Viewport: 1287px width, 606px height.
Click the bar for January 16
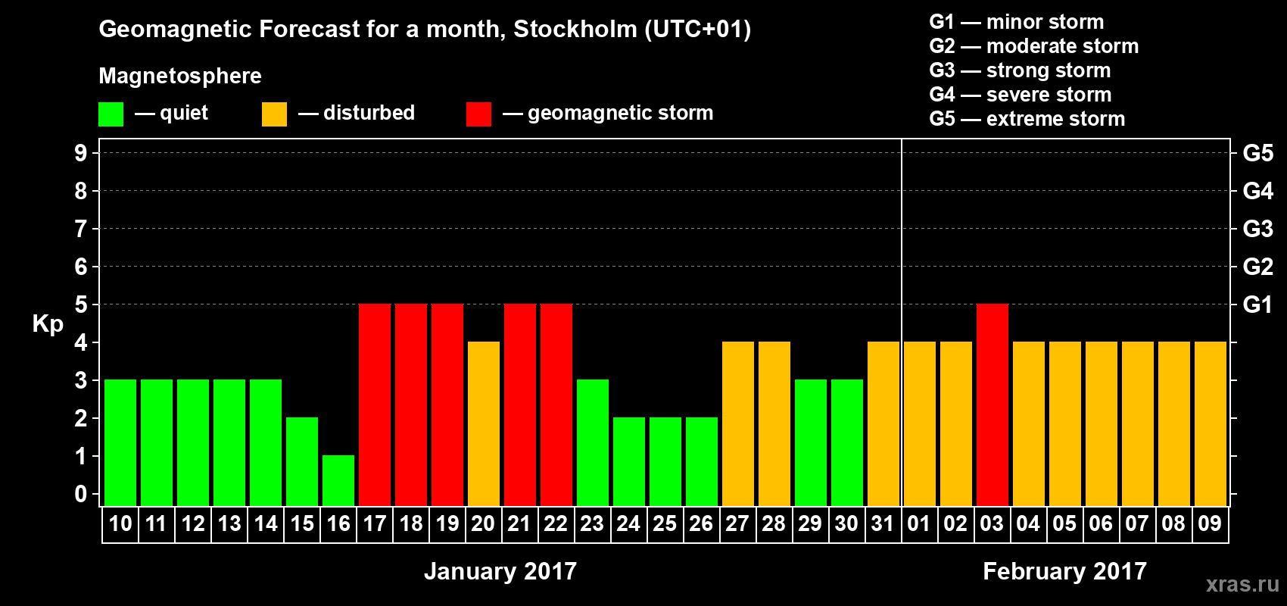coord(338,480)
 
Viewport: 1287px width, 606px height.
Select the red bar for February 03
coord(993,405)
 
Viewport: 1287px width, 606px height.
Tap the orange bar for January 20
coord(484,423)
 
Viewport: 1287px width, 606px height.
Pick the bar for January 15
coord(302,461)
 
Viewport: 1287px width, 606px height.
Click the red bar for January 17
coord(375,405)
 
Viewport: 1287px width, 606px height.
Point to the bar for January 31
coord(883,423)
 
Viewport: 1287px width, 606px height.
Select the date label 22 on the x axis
coord(555,524)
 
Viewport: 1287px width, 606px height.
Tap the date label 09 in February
coord(1210,524)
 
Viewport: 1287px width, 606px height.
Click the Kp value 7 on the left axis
coord(81,229)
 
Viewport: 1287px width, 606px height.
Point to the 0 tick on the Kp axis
coord(81,495)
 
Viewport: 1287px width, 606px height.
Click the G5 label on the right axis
coord(1257,153)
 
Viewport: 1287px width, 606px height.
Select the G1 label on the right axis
coord(1257,305)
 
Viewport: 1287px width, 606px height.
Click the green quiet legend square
coord(111,114)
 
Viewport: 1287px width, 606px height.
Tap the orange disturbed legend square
coord(274,114)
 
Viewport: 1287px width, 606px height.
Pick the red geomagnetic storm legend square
coord(478,114)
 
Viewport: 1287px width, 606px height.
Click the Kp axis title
coord(48,324)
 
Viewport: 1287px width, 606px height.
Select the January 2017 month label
coord(500,571)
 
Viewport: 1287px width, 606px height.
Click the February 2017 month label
coord(1064,571)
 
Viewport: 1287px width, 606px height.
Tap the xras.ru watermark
coord(1242,584)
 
